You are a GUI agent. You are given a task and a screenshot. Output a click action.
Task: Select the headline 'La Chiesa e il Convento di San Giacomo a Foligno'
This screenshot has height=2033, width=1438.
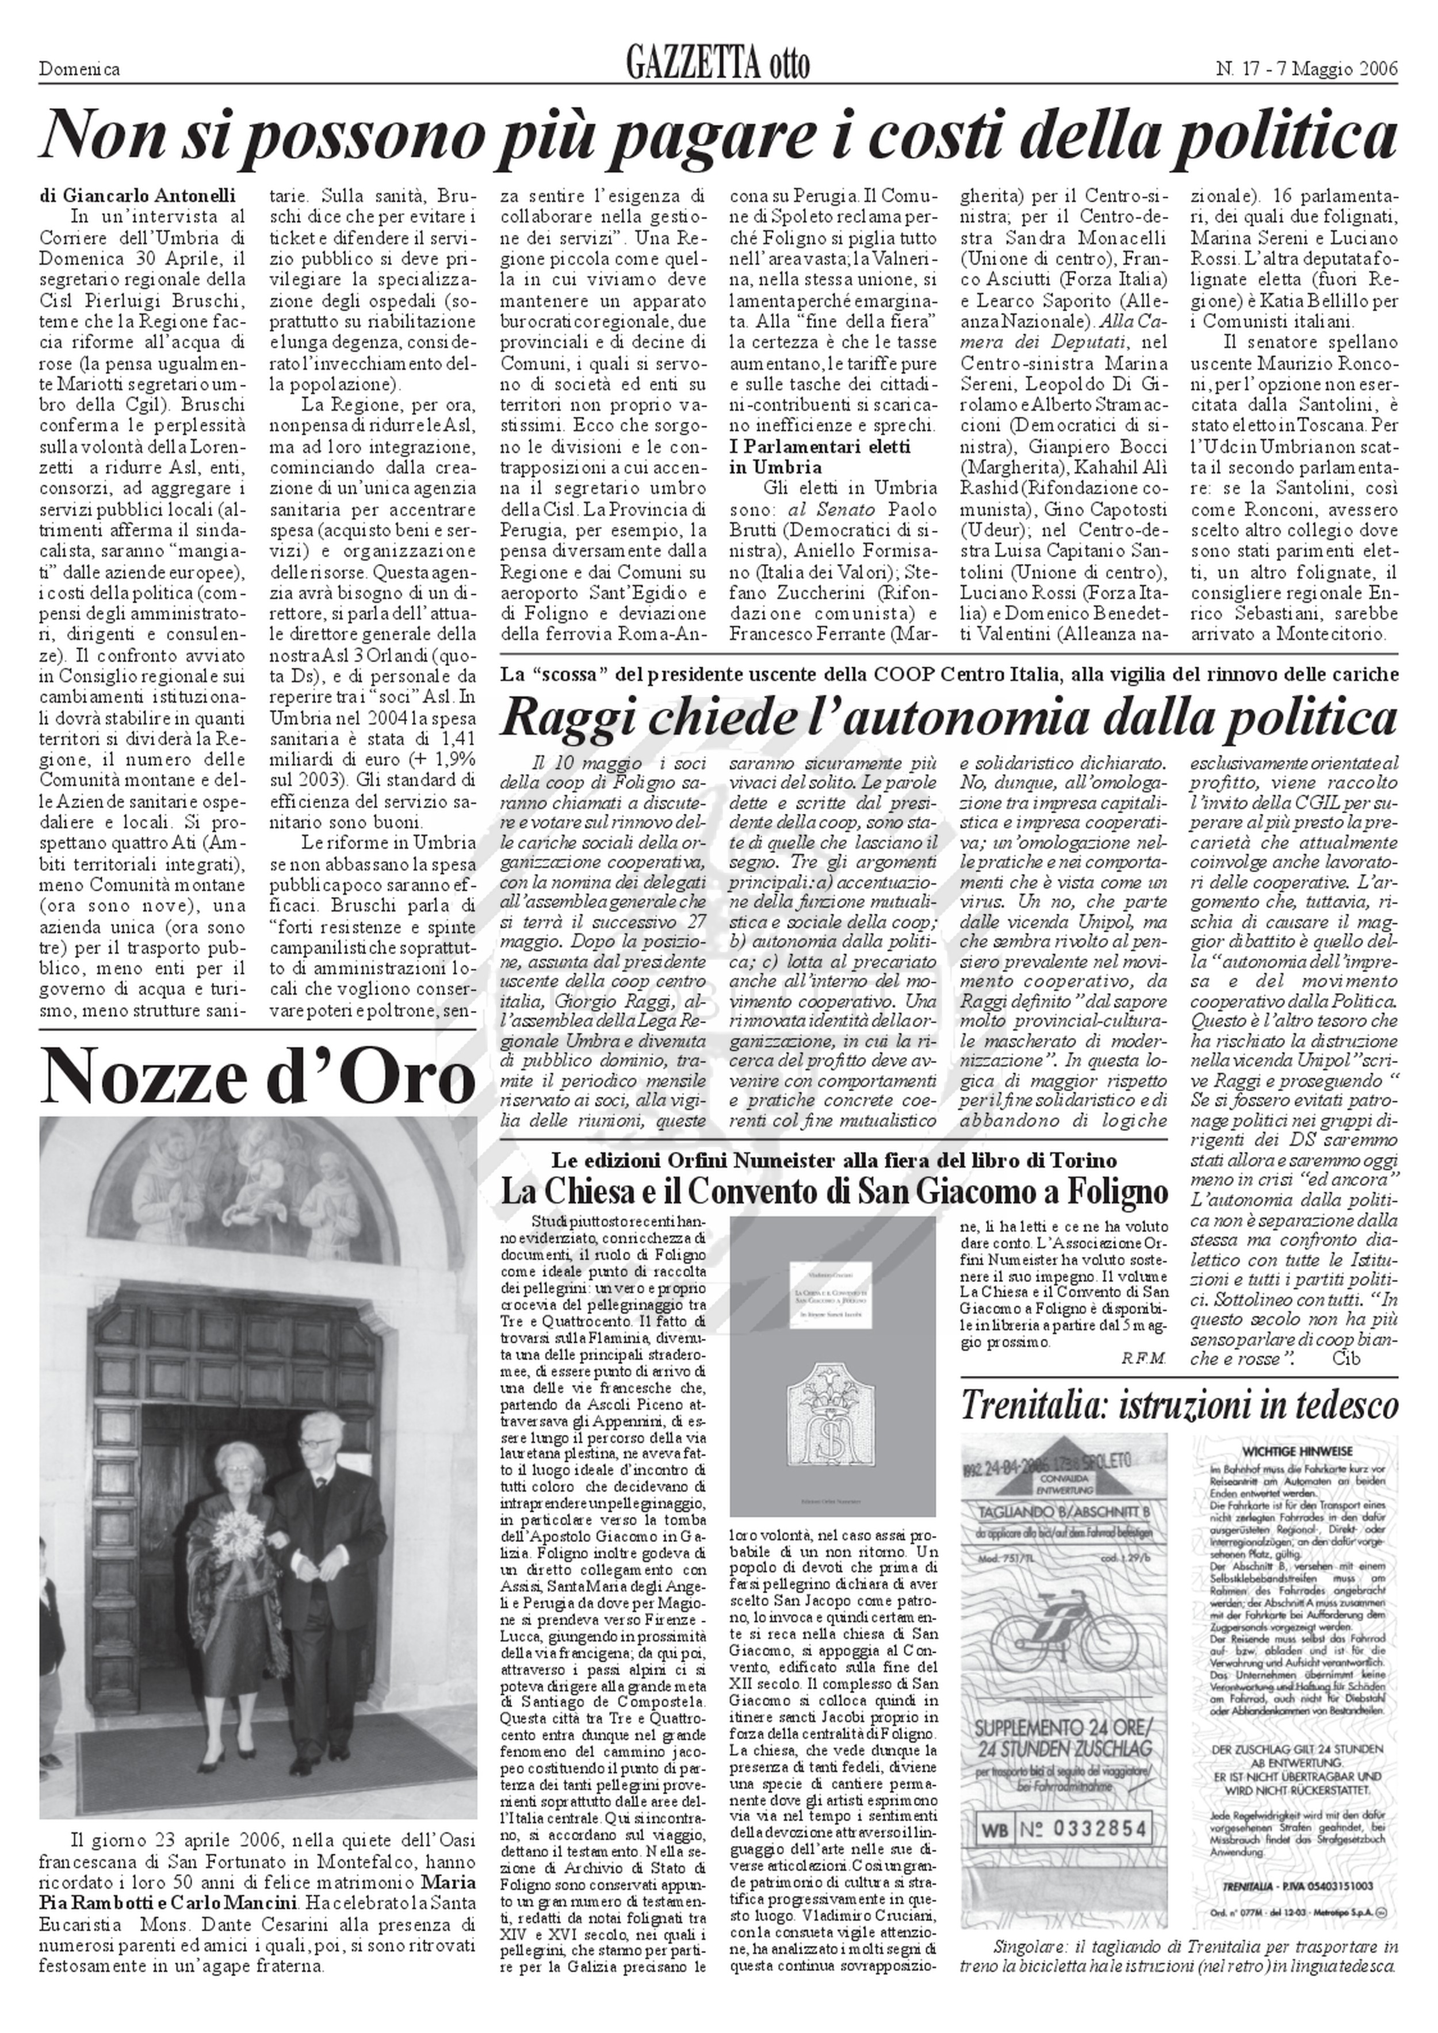pos(833,1193)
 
